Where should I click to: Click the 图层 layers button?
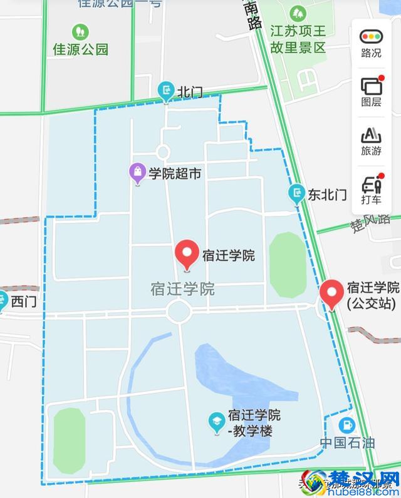pos(371,91)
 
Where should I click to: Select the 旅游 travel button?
pos(371,141)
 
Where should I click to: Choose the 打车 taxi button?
pos(371,190)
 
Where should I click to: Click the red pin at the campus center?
pos(187,254)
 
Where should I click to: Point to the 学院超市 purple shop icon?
pos(137,173)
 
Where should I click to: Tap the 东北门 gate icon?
pos(296,193)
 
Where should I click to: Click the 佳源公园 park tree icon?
pos(80,31)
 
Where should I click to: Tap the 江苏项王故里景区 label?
pos(298,38)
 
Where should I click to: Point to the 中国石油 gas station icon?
pos(345,425)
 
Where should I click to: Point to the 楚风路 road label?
pos(370,223)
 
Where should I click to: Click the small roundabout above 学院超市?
pos(162,151)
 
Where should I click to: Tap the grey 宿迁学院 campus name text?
pos(182,289)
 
